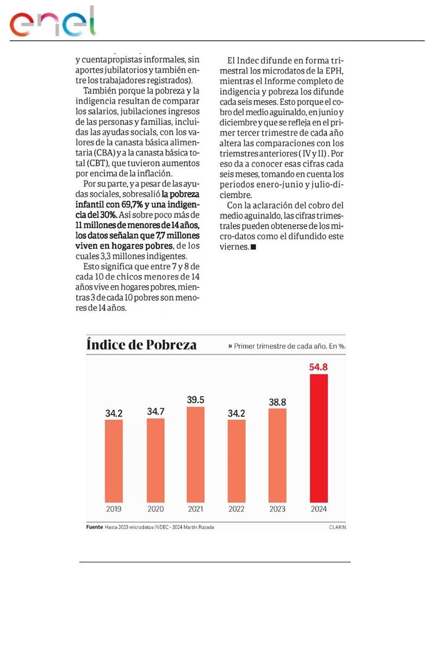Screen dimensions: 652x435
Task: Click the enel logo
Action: pyautogui.click(x=53, y=23)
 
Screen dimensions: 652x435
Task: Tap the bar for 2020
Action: pyautogui.click(x=156, y=460)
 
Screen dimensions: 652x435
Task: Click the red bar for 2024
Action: pyautogui.click(x=319, y=437)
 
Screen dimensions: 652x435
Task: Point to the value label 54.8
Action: pyautogui.click(x=319, y=367)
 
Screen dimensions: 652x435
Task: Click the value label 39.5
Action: pyautogui.click(x=196, y=400)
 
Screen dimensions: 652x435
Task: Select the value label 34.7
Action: pyautogui.click(x=156, y=411)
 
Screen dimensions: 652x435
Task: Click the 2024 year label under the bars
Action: pyautogui.click(x=319, y=509)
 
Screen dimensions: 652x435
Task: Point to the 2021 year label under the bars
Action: pyautogui.click(x=196, y=509)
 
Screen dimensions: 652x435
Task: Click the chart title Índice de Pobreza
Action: pyautogui.click(x=142, y=345)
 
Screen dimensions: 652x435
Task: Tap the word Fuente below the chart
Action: pyautogui.click(x=95, y=527)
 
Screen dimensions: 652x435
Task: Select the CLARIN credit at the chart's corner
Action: pyautogui.click(x=337, y=527)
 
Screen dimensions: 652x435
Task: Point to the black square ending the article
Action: pyautogui.click(x=253, y=247)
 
